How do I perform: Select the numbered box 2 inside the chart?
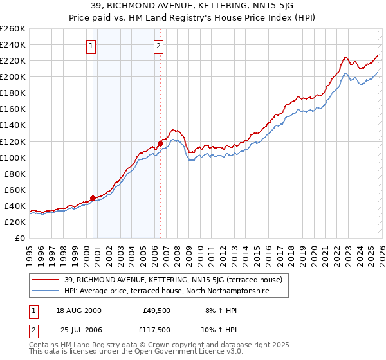158,46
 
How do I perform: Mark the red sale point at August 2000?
93,198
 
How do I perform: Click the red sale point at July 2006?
160,143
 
